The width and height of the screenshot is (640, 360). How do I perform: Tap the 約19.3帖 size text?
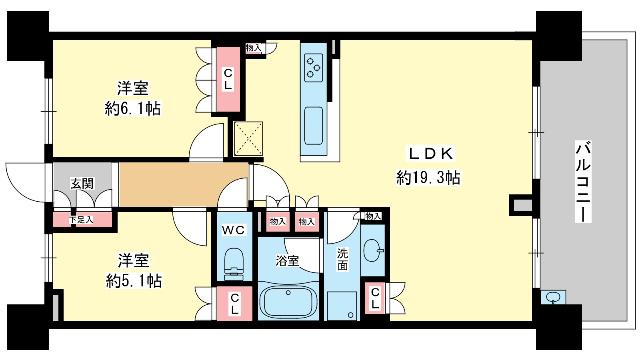tap(428, 177)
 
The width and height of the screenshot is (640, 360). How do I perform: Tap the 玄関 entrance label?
tap(82, 184)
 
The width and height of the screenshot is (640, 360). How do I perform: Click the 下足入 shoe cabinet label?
tap(80, 219)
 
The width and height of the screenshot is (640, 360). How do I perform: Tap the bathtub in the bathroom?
tap(288, 302)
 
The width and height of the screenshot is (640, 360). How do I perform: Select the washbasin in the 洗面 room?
tap(372, 251)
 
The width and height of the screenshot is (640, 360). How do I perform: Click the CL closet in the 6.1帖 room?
tap(229, 79)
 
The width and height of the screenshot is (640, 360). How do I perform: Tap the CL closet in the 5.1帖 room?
tap(234, 304)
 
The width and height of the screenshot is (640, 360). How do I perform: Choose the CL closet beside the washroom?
tap(375, 298)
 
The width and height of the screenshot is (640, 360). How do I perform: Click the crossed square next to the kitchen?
tap(247, 138)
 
